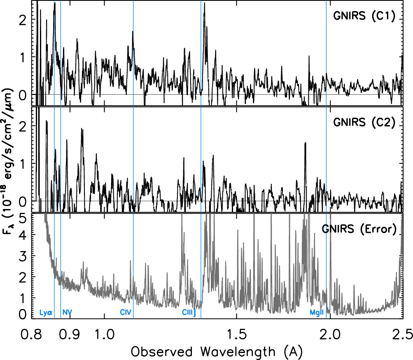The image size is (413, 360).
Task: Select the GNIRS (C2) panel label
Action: coord(364,123)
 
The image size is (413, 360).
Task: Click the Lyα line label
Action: coord(46,312)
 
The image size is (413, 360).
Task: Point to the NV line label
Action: coord(67,312)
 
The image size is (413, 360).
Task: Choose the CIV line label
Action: coord(126,312)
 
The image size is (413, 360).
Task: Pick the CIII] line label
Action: coord(189,312)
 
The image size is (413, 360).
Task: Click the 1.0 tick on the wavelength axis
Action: coord(105,333)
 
